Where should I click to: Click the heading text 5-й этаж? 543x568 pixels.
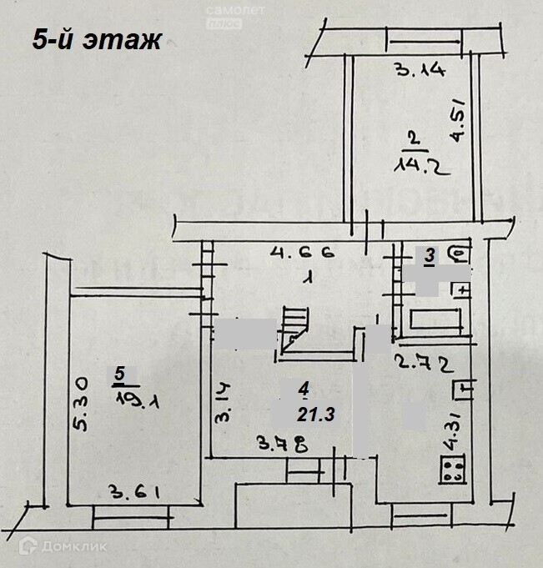click(x=97, y=40)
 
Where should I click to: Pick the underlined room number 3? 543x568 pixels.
click(x=430, y=258)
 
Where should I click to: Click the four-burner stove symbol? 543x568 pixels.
click(x=455, y=470)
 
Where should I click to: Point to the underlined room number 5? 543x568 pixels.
click(x=122, y=374)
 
